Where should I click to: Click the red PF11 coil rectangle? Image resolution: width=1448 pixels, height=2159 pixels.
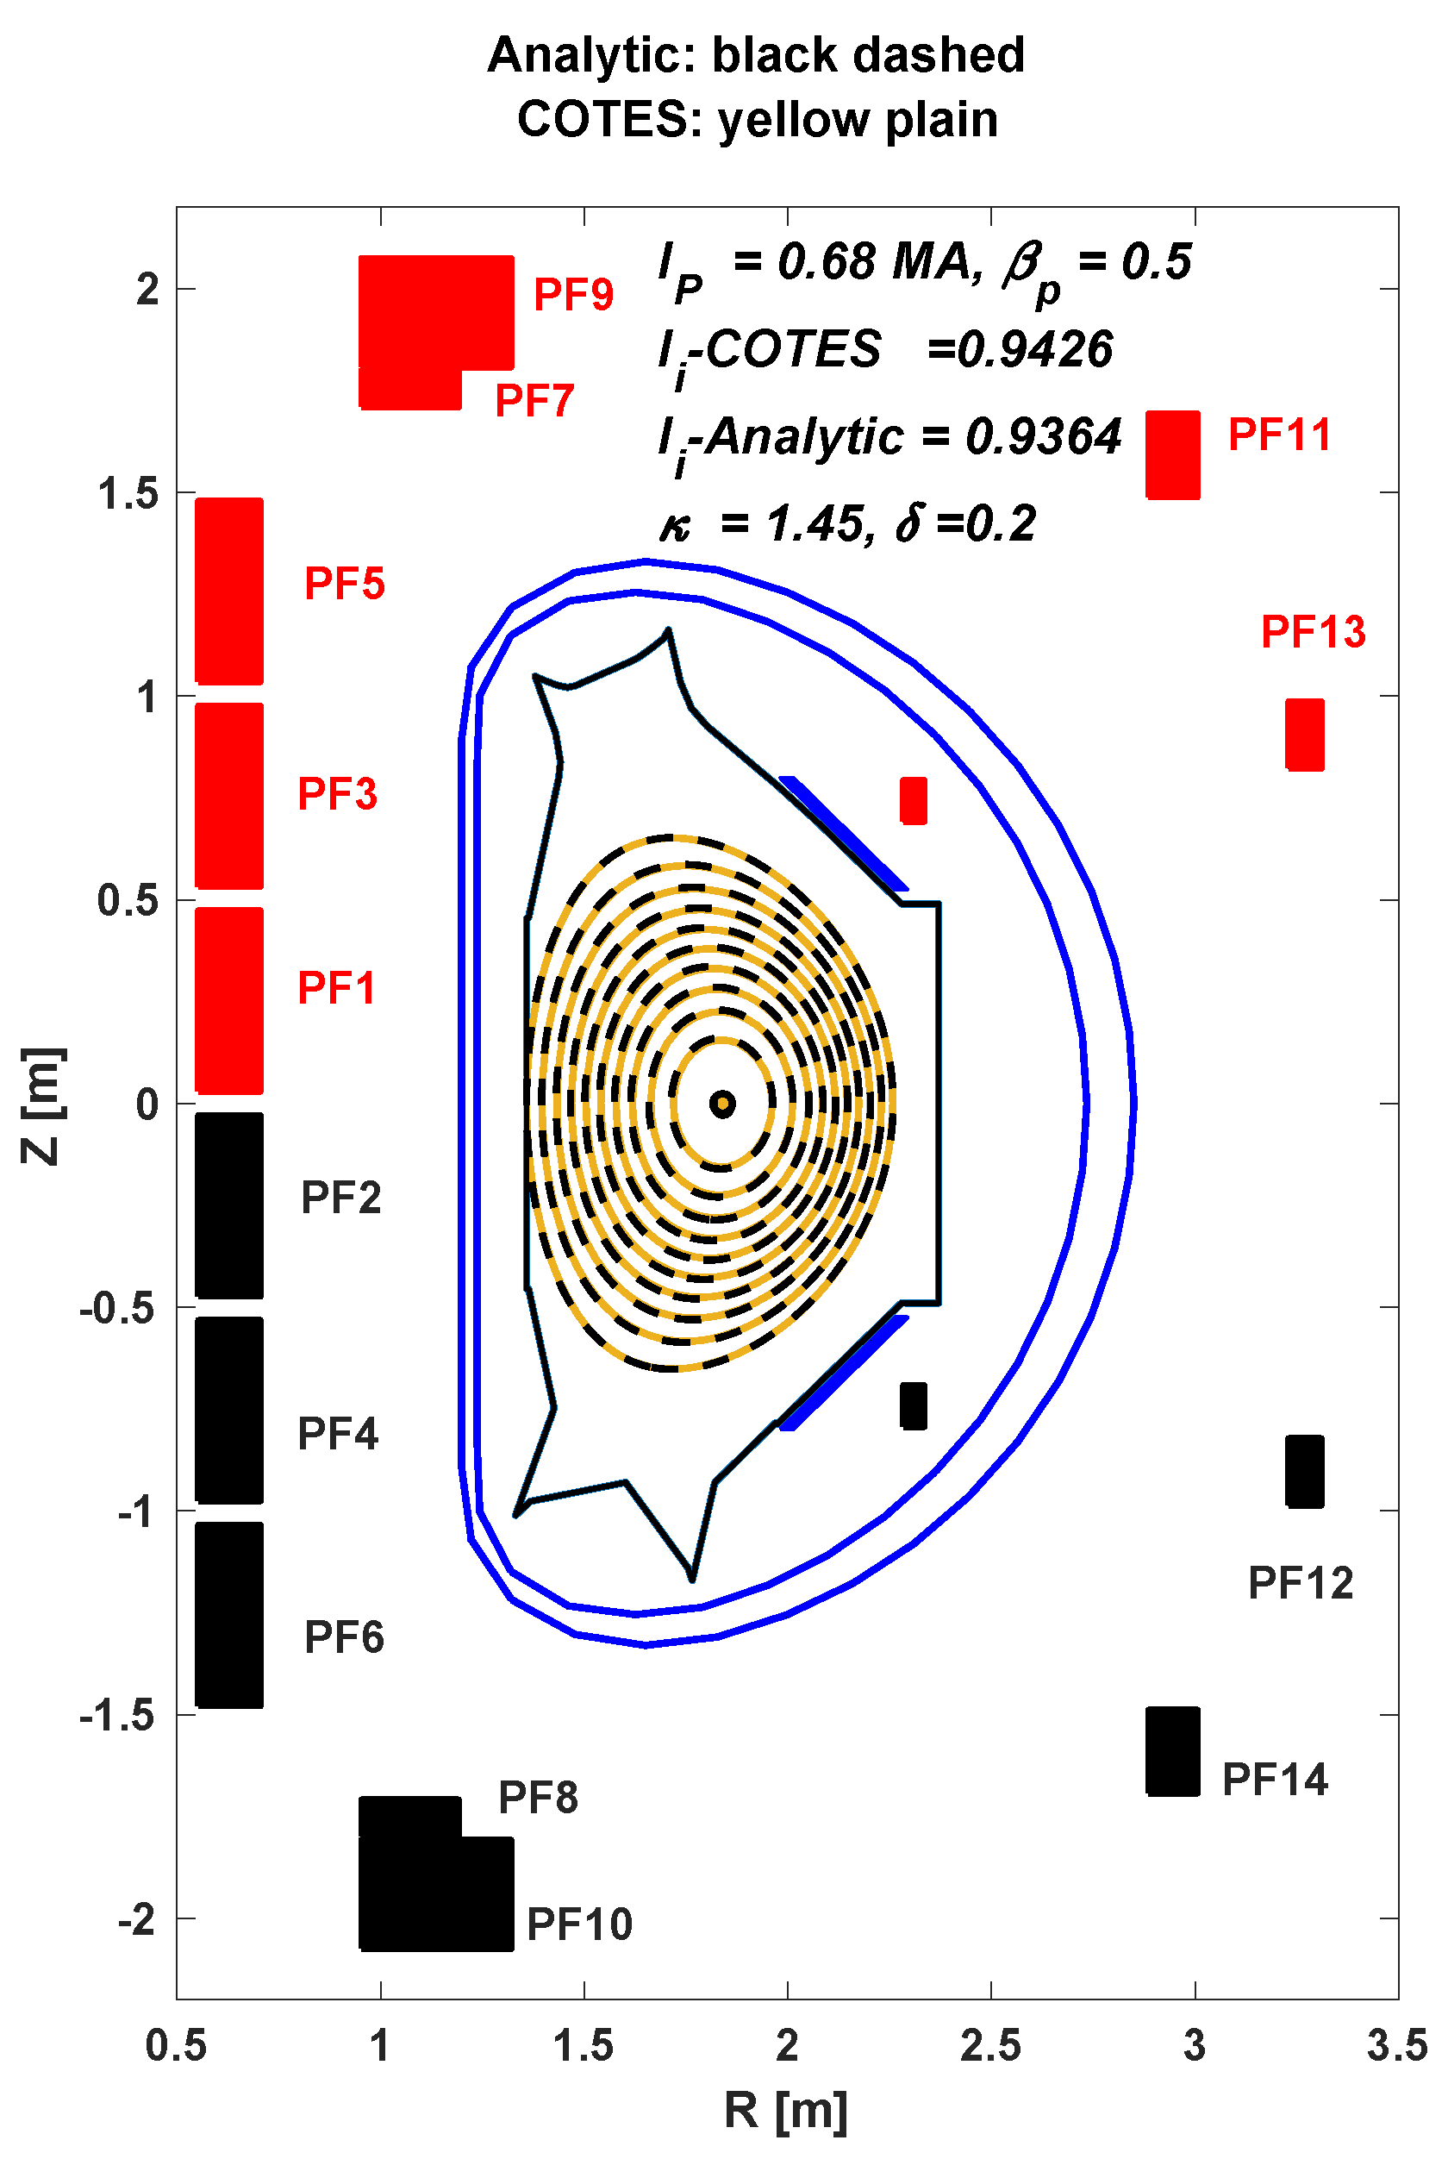pos(1172,454)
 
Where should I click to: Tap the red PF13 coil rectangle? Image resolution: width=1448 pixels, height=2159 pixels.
pos(1304,735)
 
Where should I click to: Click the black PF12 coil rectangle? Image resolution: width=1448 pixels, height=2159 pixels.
pos(1304,1471)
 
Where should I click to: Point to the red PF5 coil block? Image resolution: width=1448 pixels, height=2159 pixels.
pos(229,591)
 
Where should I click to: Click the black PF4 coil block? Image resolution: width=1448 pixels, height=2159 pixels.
pos(229,1410)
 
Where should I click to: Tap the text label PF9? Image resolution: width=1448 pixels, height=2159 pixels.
pos(573,295)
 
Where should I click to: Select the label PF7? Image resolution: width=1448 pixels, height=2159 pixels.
pos(534,400)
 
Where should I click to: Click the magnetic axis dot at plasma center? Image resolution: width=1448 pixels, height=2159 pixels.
pos(722,1103)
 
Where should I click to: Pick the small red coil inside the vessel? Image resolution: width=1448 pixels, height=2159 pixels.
pos(913,800)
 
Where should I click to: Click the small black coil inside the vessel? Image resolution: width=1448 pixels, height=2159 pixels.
pos(913,1405)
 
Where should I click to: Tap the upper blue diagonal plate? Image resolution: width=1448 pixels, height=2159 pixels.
pos(842,831)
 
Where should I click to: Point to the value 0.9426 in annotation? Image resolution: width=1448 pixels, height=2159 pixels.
pos(1034,349)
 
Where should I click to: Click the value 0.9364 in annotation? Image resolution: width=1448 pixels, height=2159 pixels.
pos(1043,436)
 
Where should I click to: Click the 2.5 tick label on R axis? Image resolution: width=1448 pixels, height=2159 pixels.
pos(990,2045)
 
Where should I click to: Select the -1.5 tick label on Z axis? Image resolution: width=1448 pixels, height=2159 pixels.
pos(116,1716)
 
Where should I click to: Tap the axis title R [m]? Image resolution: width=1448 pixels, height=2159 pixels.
pos(785,2110)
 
